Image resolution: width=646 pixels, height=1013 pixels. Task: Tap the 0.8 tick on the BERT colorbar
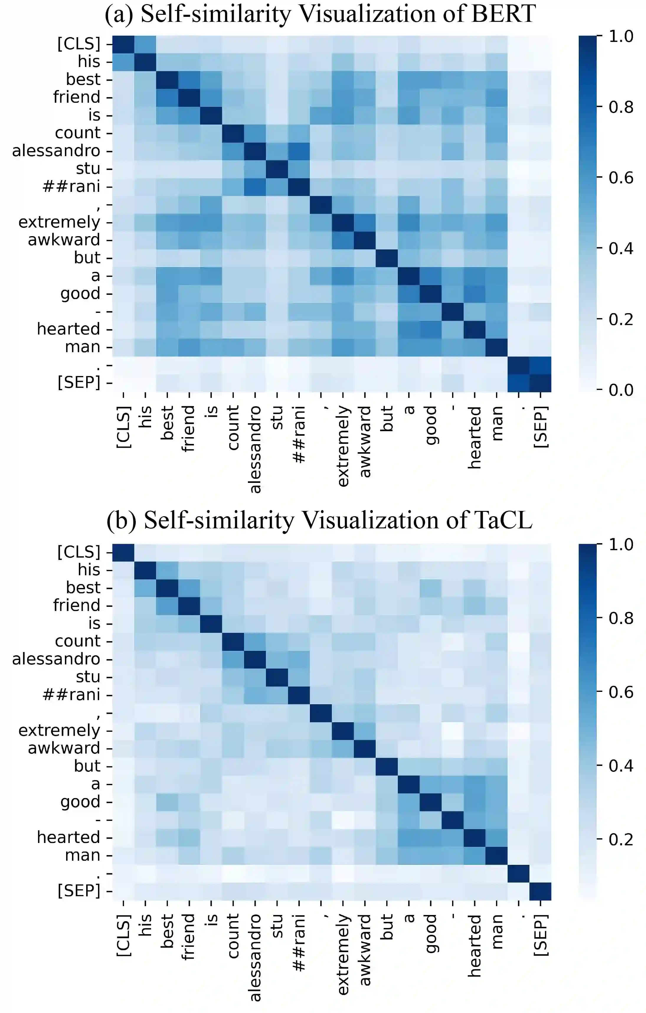[621, 107]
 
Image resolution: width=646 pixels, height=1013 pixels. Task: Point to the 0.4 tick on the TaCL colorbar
[621, 766]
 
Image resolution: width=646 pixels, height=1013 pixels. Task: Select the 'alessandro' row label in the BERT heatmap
[56, 151]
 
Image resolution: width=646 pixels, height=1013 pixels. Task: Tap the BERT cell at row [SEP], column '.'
[519, 383]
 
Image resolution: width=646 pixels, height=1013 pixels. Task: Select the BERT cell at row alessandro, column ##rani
[299, 151]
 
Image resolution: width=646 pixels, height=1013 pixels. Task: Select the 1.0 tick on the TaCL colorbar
[621, 544]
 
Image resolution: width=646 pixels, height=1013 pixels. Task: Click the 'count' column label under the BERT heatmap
[233, 427]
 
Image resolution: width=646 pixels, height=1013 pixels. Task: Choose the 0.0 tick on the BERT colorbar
[621, 390]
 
